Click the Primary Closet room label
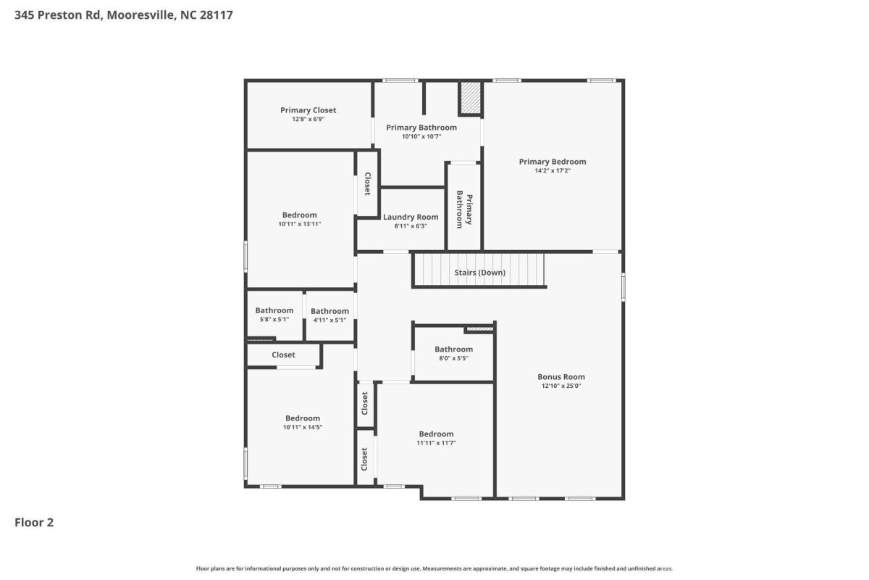pyautogui.click(x=308, y=110)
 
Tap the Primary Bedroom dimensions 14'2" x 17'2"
pyautogui.click(x=553, y=170)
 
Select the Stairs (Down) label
pyautogui.click(x=480, y=273)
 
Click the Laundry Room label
pyautogui.click(x=411, y=217)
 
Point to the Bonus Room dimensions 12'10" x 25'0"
pyautogui.click(x=561, y=386)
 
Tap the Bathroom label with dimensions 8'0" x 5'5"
pyautogui.click(x=453, y=349)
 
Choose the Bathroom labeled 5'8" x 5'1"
pyautogui.click(x=274, y=310)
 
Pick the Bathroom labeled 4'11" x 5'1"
pyautogui.click(x=329, y=311)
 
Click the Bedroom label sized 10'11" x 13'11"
pyautogui.click(x=300, y=215)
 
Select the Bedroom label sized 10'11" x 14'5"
pyautogui.click(x=303, y=418)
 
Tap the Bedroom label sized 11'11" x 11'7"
pyautogui.click(x=436, y=434)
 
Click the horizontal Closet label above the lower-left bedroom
pyautogui.click(x=283, y=355)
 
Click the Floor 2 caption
pyautogui.click(x=34, y=523)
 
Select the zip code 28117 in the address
pyautogui.click(x=217, y=14)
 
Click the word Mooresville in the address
pyautogui.click(x=140, y=14)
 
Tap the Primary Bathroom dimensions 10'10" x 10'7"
pyautogui.click(x=421, y=136)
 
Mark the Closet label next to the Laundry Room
pyautogui.click(x=367, y=183)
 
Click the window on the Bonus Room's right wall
pyautogui.click(x=623, y=286)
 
